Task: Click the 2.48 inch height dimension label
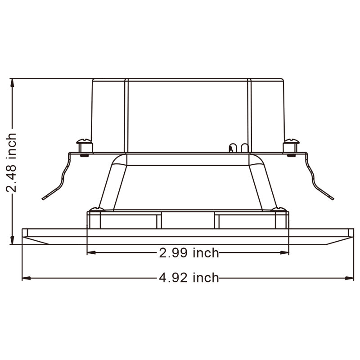pos(11,162)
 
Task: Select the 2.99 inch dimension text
pos(189,253)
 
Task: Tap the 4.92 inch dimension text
pos(189,278)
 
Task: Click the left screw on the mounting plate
pos(84,147)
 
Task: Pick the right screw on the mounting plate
pos(291,147)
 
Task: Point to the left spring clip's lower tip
pos(43,199)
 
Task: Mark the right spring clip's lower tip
pos(333,199)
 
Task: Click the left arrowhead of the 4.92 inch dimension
pos(26,278)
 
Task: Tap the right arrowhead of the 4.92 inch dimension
pos(350,278)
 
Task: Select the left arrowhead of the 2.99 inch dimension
pos(91,253)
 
